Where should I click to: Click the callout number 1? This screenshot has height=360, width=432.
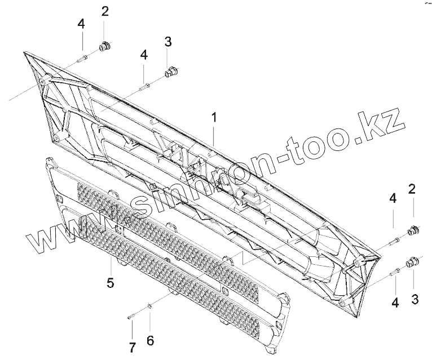click(214, 118)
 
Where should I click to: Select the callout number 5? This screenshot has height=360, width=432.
click(111, 282)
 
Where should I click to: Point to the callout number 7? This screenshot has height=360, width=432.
click(132, 347)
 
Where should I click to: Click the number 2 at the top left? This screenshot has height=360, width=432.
click(105, 12)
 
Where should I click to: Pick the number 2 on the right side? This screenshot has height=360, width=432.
click(412, 189)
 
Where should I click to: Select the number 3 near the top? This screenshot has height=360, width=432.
click(167, 41)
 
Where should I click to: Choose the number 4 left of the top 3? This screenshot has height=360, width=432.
click(144, 55)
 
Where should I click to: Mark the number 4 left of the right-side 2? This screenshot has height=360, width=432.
click(393, 198)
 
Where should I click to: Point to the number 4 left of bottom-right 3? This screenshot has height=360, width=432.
click(395, 303)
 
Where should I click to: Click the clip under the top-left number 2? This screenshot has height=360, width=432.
click(104, 47)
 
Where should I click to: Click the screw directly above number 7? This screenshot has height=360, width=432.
click(131, 317)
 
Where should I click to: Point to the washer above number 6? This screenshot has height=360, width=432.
click(149, 306)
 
